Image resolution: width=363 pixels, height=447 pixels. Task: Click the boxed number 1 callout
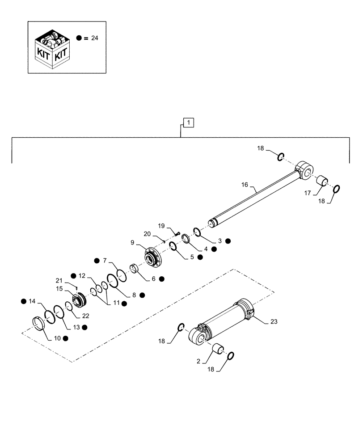point(189,122)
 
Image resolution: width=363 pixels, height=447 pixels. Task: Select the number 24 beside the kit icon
point(94,38)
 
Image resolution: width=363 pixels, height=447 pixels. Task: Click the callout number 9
point(133,243)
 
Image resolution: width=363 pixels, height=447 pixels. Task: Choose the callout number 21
point(58,280)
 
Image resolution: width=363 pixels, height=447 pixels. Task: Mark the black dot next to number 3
point(228,240)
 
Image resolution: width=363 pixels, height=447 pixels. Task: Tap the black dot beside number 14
point(23,301)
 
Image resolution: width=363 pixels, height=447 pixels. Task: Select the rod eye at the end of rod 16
point(304,171)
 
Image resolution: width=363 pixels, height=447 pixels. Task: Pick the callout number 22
point(85,316)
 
